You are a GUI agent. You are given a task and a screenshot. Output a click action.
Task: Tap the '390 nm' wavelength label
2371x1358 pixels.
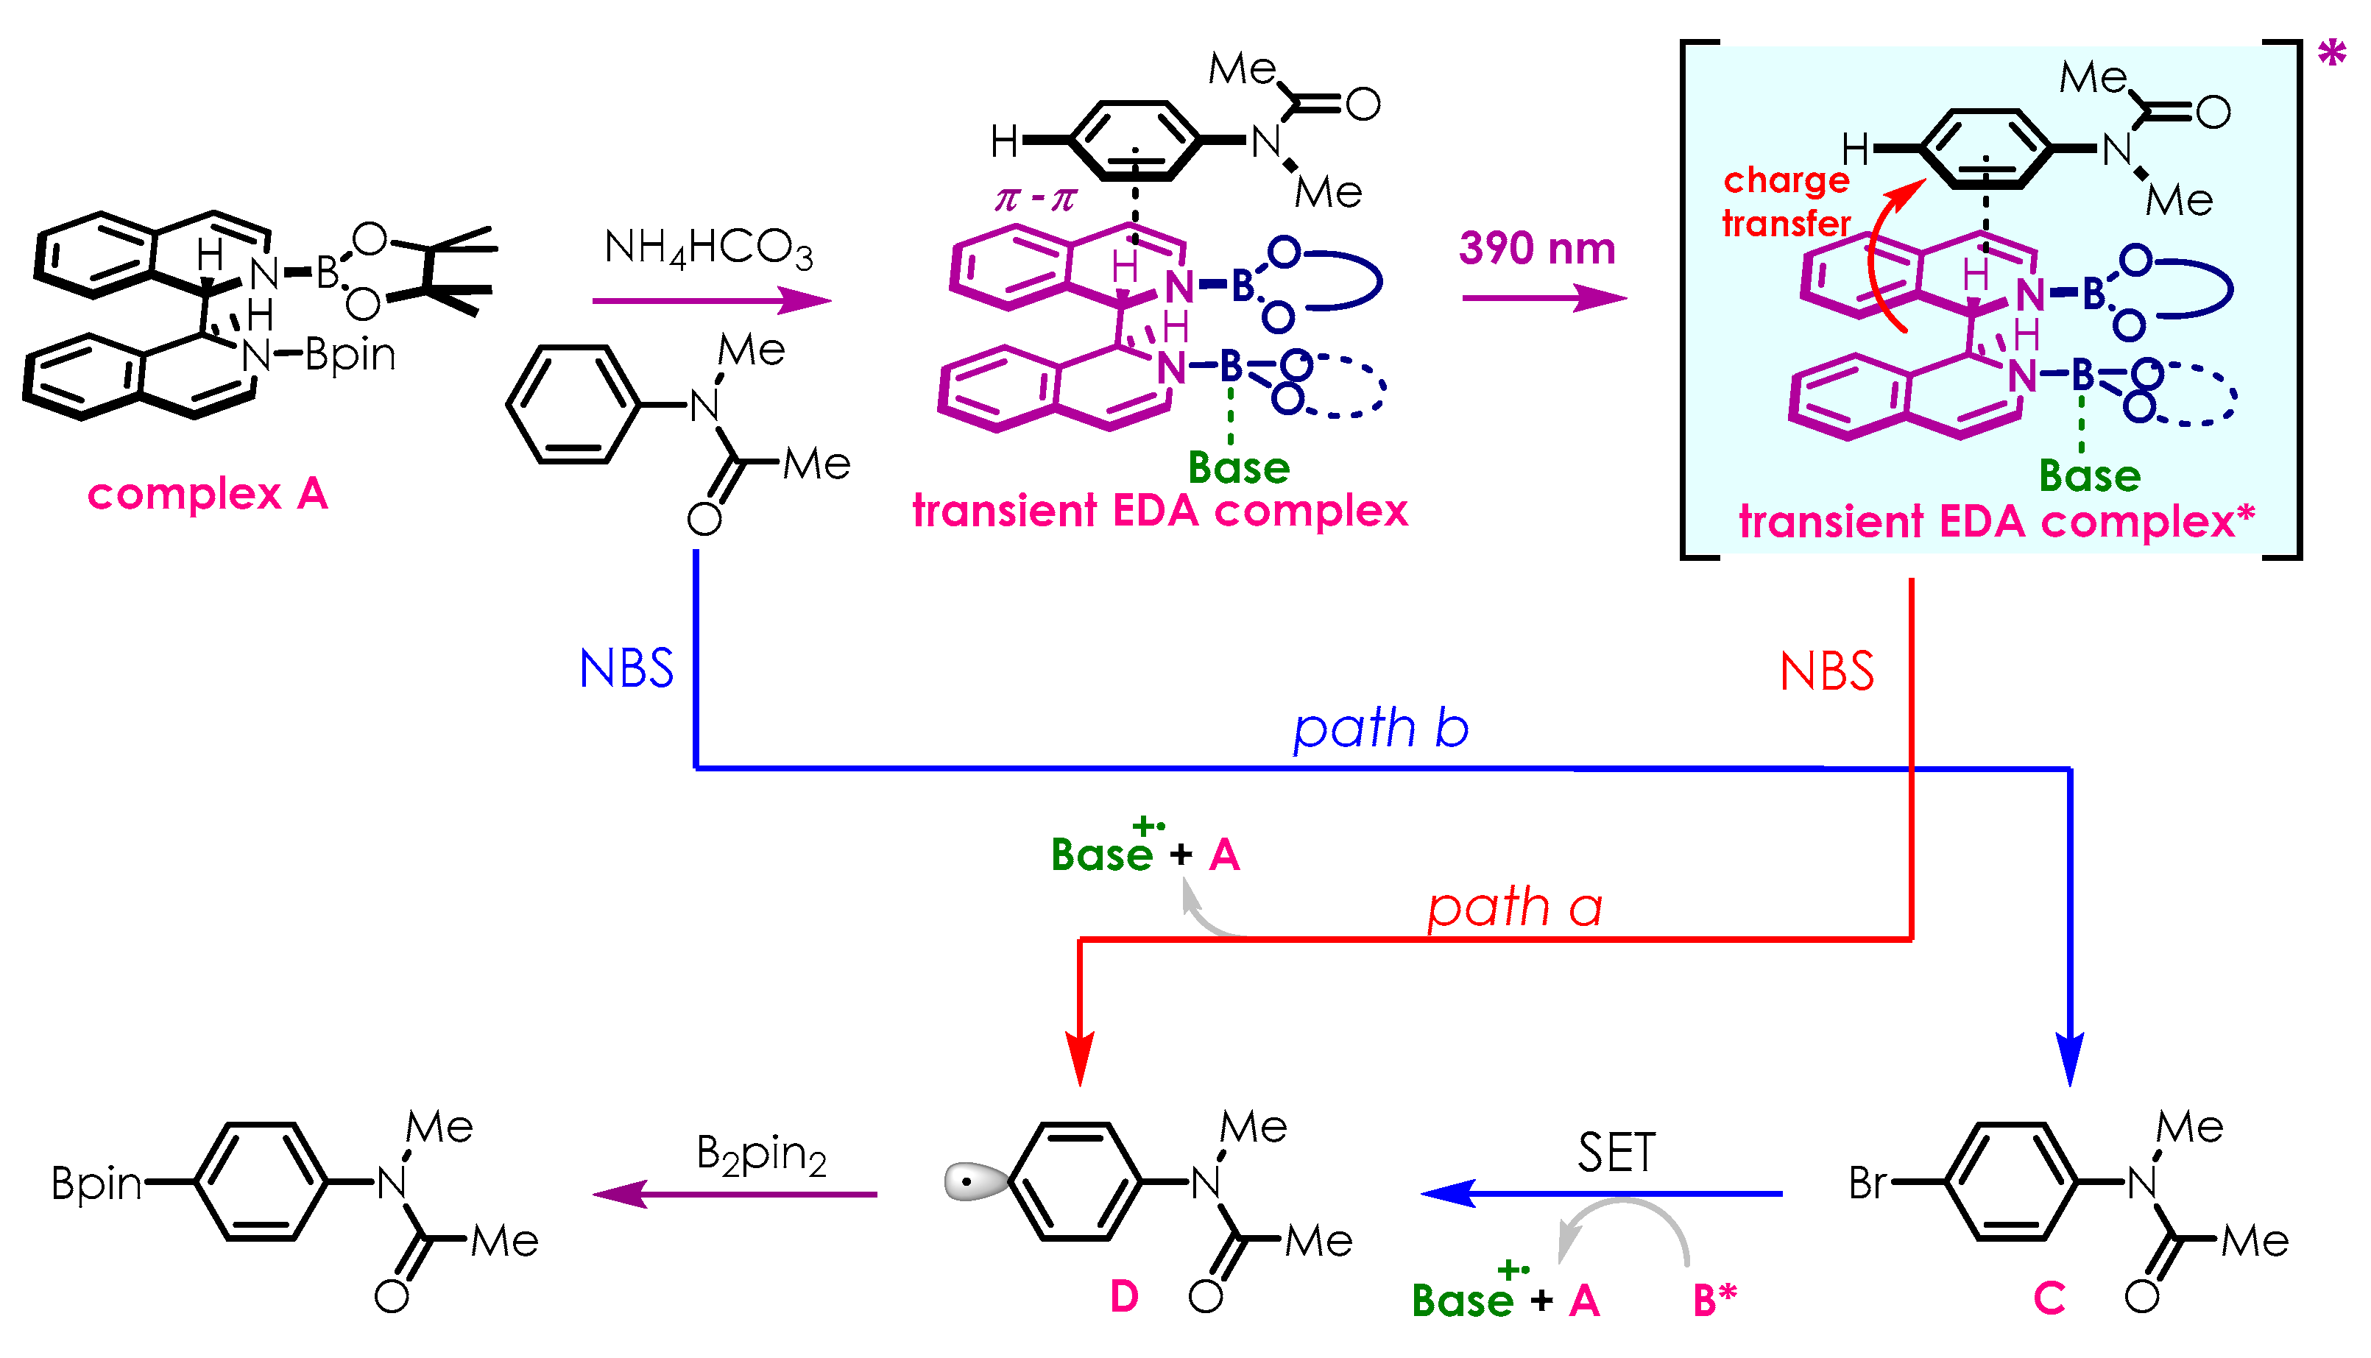[x=1536, y=249]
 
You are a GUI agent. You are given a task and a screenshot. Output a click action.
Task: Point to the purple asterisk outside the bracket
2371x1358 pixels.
[x=2331, y=54]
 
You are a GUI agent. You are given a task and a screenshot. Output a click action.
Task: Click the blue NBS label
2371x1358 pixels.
[x=626, y=669]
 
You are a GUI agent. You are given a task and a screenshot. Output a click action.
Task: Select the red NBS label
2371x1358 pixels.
[x=1826, y=671]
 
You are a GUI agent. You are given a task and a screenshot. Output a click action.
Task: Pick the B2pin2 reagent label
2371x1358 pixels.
[x=760, y=1155]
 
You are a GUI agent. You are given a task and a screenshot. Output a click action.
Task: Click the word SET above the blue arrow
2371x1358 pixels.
[x=1616, y=1153]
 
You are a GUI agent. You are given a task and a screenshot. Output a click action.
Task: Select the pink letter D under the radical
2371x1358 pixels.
[x=1124, y=1296]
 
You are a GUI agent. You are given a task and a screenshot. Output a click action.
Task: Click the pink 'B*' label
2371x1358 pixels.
[x=1714, y=1299]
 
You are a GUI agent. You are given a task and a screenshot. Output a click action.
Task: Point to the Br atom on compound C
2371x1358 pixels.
[x=1868, y=1184]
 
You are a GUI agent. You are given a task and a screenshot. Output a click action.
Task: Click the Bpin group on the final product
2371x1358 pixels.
[x=96, y=1184]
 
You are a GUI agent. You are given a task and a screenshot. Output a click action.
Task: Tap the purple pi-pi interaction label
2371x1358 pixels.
[x=1035, y=199]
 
